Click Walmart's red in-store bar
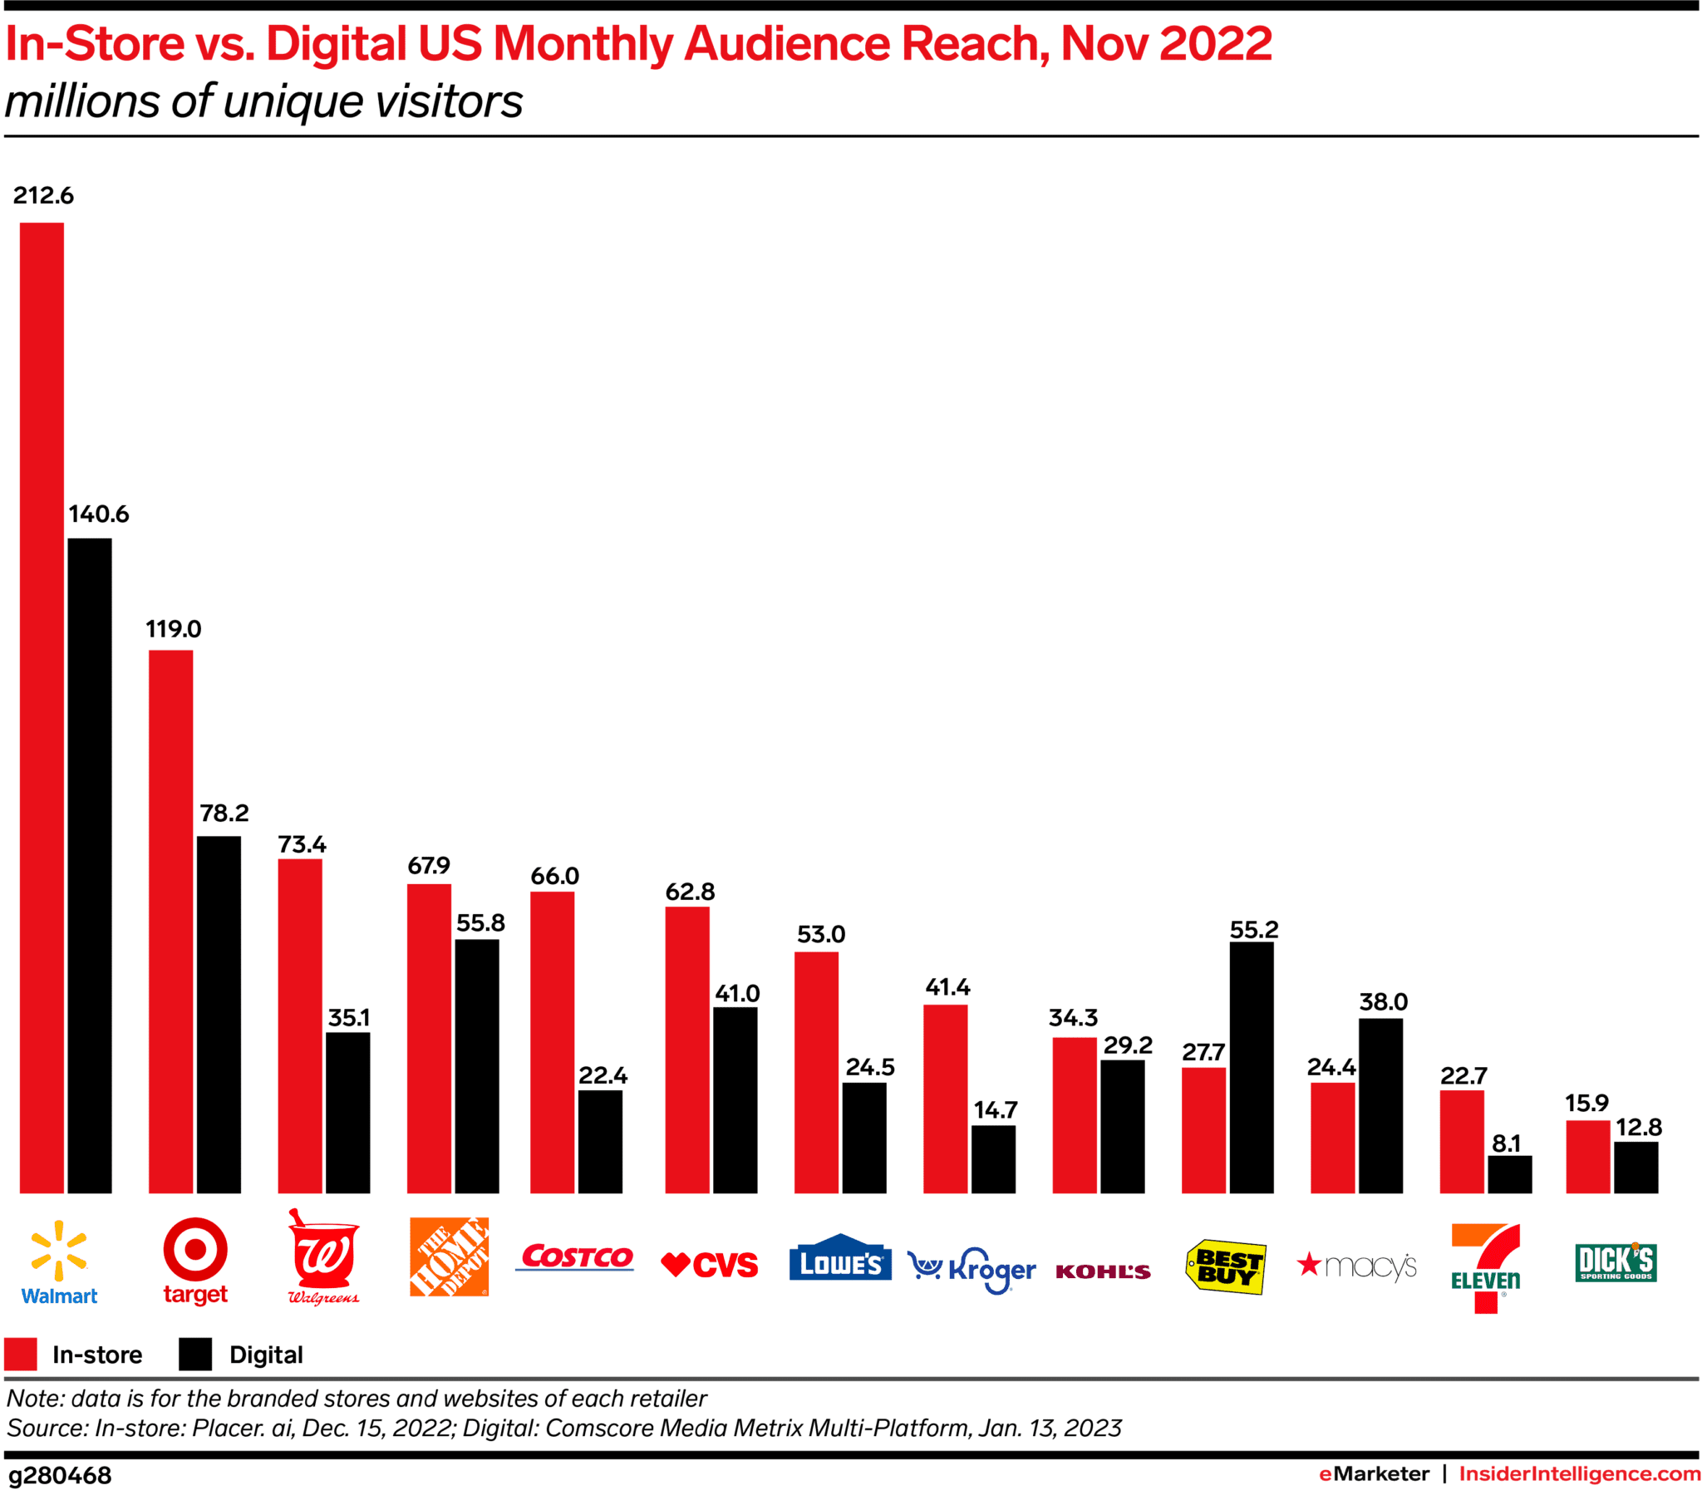(42, 706)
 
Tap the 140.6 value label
(98, 514)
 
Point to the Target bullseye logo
(194, 1249)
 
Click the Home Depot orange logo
(449, 1256)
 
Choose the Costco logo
(575, 1256)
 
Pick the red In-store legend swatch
(21, 1354)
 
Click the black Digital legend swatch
(195, 1354)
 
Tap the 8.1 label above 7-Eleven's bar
(1506, 1143)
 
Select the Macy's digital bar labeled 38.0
(1380, 1105)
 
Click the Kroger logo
(972, 1270)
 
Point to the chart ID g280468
(60, 1475)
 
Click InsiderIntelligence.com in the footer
(1579, 1473)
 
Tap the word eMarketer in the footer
(1374, 1473)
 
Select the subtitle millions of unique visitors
(263, 101)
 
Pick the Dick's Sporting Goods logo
(1615, 1262)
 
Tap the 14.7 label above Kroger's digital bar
(996, 1110)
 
